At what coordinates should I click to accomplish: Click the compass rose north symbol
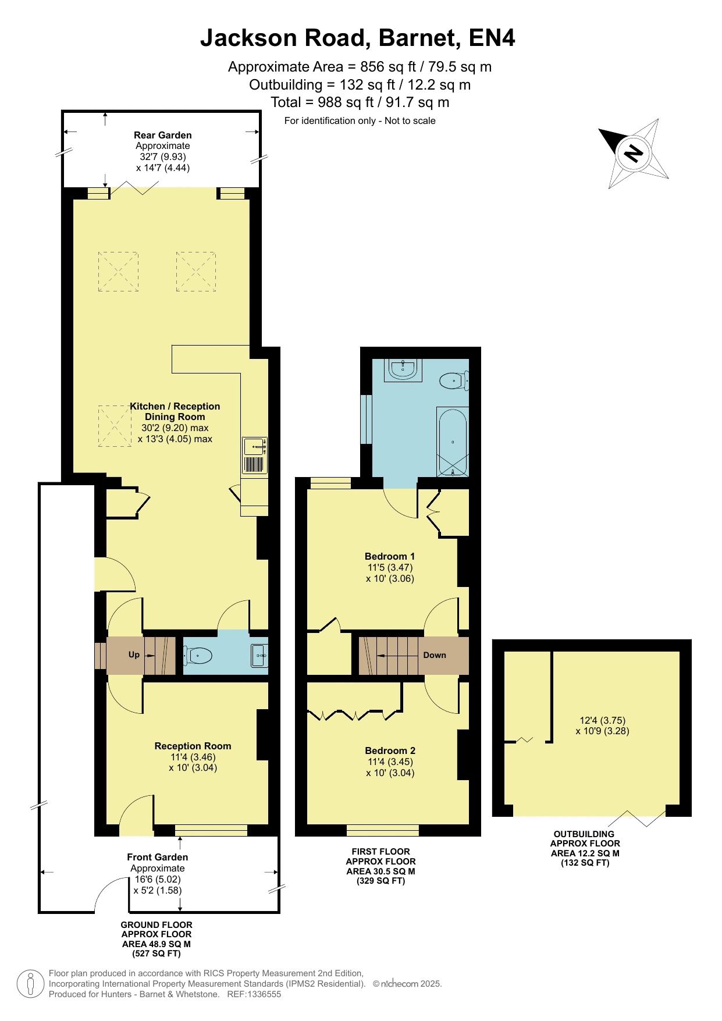pyautogui.click(x=633, y=153)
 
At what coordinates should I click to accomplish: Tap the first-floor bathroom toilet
pyautogui.click(x=454, y=381)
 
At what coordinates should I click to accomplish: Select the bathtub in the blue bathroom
pyautogui.click(x=452, y=443)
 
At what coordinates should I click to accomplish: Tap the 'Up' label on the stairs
pyautogui.click(x=134, y=654)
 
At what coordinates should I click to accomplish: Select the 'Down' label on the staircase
pyautogui.click(x=435, y=655)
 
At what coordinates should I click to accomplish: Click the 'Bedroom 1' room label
pyautogui.click(x=390, y=556)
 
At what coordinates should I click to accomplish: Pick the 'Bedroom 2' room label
pyautogui.click(x=390, y=750)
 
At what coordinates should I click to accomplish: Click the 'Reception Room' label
pyautogui.click(x=193, y=746)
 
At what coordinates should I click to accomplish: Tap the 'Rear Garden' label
pyautogui.click(x=163, y=136)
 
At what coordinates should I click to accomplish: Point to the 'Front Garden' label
pyautogui.click(x=158, y=857)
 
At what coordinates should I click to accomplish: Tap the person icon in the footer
pyautogui.click(x=30, y=983)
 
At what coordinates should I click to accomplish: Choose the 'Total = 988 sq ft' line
pyautogui.click(x=360, y=102)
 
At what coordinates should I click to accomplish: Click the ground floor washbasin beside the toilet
pyautogui.click(x=259, y=656)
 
